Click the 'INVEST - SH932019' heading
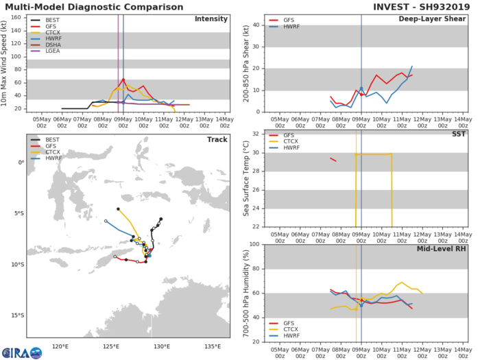coord(420,6)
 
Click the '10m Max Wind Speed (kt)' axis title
coord(7,64)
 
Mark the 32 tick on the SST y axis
coord(254,133)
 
